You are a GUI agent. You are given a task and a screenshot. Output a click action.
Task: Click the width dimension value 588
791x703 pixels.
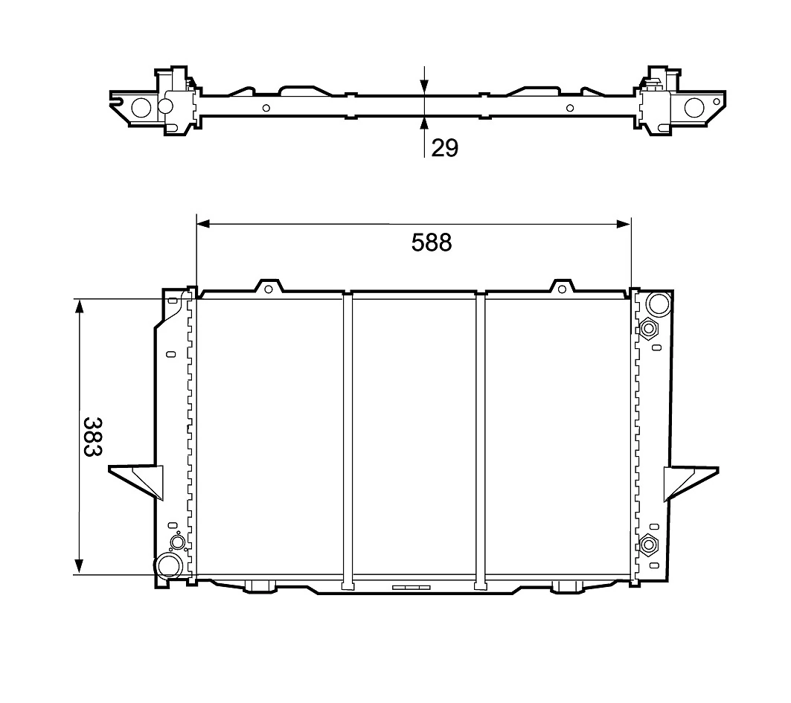432,243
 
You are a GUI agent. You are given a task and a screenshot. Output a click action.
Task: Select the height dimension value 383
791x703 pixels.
92,437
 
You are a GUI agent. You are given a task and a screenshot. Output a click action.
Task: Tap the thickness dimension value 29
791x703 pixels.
444,148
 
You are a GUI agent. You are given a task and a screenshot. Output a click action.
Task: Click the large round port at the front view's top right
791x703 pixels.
658,304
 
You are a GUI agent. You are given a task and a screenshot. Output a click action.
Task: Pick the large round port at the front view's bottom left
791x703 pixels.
167,566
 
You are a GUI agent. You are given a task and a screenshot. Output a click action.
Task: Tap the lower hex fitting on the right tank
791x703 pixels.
649,545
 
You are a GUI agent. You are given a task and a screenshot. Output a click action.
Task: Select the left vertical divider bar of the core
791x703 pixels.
348,439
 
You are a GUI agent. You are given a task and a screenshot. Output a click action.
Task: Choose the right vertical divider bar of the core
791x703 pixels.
481,439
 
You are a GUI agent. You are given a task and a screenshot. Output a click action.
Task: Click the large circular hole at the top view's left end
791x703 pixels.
141,108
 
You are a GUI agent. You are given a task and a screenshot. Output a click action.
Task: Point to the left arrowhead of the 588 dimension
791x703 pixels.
202,223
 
